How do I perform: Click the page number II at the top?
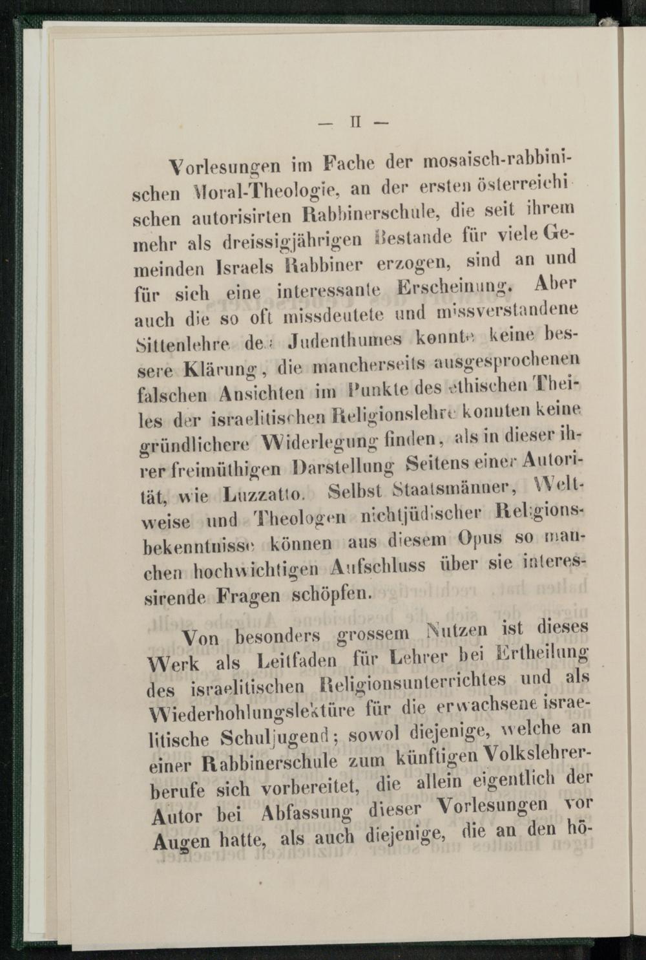point(353,123)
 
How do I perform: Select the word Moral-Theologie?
point(285,191)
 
